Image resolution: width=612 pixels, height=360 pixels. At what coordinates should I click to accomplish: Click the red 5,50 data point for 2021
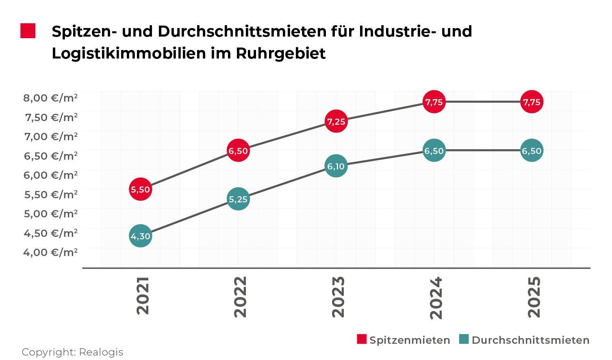pyautogui.click(x=141, y=189)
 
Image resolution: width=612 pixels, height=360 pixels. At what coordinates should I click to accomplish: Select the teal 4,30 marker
pyautogui.click(x=141, y=236)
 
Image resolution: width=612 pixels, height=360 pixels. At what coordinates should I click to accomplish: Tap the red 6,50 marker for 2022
pyautogui.click(x=238, y=151)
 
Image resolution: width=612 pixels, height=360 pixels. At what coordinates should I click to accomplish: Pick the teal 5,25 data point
pyautogui.click(x=238, y=199)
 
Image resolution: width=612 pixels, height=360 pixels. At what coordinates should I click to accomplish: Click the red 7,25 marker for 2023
pyautogui.click(x=336, y=121)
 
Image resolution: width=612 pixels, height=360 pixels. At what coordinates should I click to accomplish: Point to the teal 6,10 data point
pyautogui.click(x=336, y=166)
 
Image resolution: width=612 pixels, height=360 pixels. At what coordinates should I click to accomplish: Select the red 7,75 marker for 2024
pyautogui.click(x=434, y=102)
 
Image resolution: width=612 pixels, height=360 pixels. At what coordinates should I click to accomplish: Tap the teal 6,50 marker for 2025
pyautogui.click(x=532, y=151)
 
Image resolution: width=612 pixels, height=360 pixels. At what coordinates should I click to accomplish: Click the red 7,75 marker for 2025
pyautogui.click(x=532, y=102)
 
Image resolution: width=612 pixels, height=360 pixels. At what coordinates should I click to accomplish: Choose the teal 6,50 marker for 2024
pyautogui.click(x=434, y=151)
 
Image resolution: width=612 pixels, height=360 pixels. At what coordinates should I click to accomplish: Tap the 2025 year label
pyautogui.click(x=534, y=297)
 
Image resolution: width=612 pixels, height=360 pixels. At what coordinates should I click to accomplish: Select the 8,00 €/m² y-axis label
pyautogui.click(x=50, y=98)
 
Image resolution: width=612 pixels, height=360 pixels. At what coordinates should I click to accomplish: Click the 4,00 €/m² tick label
pyautogui.click(x=50, y=252)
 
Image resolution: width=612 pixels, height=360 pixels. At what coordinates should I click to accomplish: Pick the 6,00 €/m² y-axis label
pyautogui.click(x=50, y=175)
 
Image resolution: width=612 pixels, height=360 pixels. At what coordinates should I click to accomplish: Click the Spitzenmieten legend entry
pyautogui.click(x=409, y=340)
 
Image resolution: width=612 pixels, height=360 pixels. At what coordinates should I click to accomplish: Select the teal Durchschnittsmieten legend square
pyautogui.click(x=464, y=339)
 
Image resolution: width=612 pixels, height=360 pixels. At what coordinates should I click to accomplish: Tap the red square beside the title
pyautogui.click(x=28, y=31)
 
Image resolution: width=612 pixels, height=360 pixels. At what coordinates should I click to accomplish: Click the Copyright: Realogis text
pyautogui.click(x=72, y=352)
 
